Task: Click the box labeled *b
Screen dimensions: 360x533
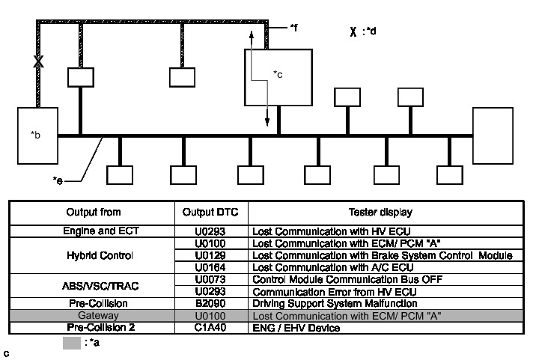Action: tap(37, 135)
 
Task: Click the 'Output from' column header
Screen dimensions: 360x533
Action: tap(94, 212)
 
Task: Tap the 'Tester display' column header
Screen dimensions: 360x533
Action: tap(385, 212)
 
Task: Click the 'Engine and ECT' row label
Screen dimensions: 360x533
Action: tap(94, 231)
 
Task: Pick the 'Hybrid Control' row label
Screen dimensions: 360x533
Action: tap(94, 255)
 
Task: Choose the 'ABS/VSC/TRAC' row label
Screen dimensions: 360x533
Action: tap(94, 286)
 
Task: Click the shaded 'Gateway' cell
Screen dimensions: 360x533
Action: tap(94, 317)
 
